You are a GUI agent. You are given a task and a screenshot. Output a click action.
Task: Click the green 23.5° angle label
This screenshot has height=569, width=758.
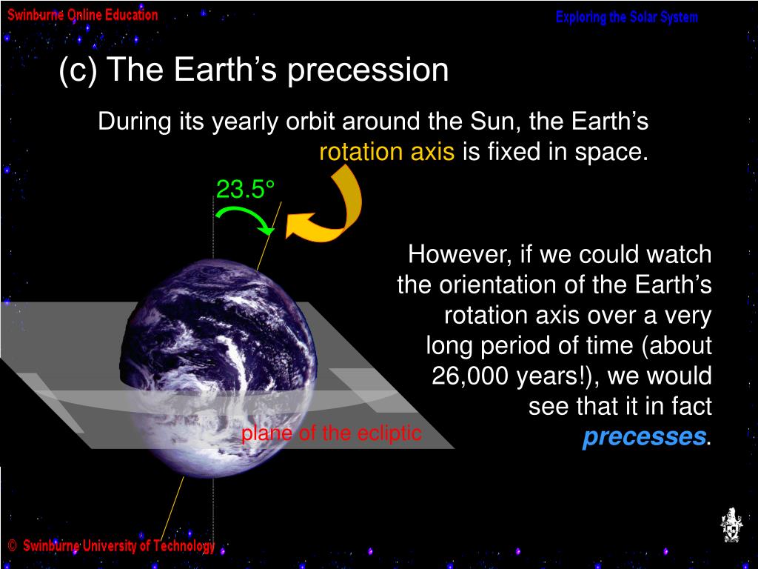(x=245, y=189)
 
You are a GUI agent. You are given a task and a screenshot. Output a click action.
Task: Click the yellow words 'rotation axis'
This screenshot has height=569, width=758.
(x=386, y=151)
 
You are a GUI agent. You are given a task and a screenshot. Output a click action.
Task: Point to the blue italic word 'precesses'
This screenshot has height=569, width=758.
(x=644, y=436)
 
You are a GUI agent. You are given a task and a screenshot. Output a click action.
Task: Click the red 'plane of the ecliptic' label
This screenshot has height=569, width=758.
(x=331, y=433)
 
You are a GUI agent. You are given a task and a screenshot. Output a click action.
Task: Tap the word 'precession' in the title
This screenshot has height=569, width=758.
(x=368, y=70)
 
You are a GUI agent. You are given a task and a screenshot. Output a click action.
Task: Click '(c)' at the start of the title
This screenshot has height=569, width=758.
(x=78, y=70)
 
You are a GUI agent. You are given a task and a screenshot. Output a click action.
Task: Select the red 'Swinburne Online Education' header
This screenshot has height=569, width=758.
(x=83, y=15)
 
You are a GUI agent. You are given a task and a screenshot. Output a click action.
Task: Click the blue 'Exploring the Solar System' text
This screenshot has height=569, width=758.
(x=626, y=18)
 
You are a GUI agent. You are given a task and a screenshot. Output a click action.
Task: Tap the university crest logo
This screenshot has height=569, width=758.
(x=731, y=525)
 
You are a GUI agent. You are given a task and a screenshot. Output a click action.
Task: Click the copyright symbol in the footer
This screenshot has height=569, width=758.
(x=13, y=546)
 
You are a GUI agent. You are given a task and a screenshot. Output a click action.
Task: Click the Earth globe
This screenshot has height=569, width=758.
(x=218, y=367)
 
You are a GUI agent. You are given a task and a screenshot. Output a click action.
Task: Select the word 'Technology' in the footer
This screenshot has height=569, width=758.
(x=184, y=547)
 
